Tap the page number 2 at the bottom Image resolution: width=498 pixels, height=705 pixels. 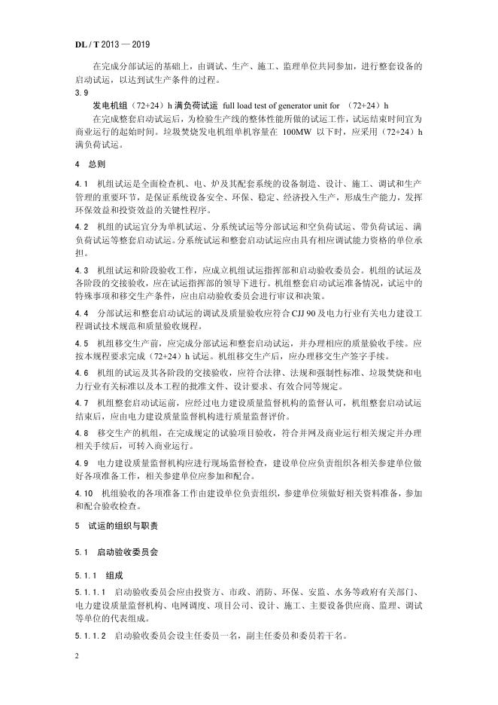77,656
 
